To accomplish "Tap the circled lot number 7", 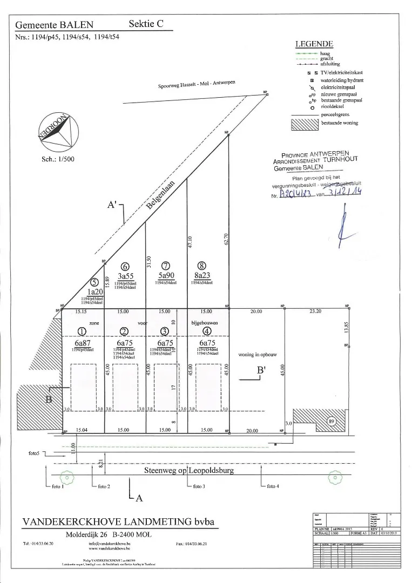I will point(166,266).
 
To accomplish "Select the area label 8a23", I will point(202,274).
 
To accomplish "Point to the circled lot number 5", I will point(94,282).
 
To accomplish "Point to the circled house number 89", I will point(331,421).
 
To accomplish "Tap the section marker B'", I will point(262,371).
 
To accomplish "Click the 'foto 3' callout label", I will point(199,486).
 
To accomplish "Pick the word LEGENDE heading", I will point(314,44).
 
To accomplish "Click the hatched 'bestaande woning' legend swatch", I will point(305,123).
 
